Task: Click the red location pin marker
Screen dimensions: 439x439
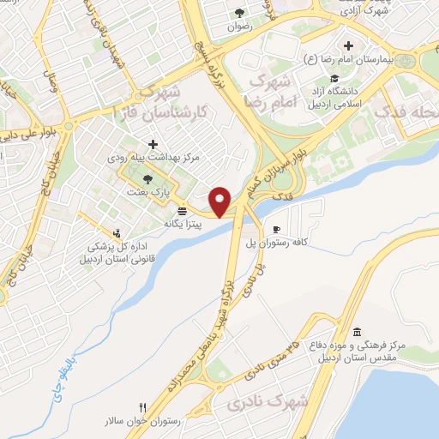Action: [x=221, y=201]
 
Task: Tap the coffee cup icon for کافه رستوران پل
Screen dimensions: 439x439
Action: [x=276, y=229]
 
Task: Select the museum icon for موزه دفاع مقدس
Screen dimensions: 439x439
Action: [x=357, y=333]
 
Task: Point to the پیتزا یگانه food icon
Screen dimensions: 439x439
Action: [x=182, y=211]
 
